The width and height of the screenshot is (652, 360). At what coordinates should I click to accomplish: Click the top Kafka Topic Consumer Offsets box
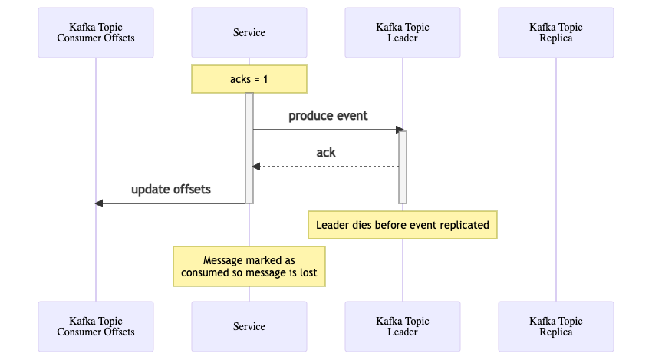tap(96, 32)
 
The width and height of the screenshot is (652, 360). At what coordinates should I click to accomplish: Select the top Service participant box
tap(249, 32)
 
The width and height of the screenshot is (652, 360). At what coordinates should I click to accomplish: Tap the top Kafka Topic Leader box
tap(403, 32)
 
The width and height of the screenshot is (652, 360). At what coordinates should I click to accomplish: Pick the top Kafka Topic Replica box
tap(556, 32)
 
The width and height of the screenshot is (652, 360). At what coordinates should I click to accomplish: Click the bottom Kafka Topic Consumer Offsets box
tap(96, 327)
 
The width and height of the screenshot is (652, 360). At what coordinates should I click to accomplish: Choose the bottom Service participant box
tap(249, 327)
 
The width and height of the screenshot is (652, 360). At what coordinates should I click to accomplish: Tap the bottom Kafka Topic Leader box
tap(403, 327)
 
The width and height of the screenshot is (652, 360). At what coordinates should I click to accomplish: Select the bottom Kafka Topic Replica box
tap(556, 327)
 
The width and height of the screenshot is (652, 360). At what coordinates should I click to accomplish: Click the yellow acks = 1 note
tap(249, 79)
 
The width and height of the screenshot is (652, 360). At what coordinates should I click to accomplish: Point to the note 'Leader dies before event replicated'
tap(403, 225)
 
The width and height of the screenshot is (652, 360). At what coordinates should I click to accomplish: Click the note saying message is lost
tap(249, 266)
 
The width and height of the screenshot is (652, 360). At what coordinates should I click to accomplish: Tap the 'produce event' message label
tap(328, 116)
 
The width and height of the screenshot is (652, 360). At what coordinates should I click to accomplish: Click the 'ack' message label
tap(326, 152)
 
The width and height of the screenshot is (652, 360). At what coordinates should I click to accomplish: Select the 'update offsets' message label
tap(171, 190)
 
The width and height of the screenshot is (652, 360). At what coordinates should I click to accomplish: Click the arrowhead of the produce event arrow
tap(400, 130)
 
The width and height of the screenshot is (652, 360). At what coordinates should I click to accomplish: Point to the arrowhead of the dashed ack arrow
tap(256, 167)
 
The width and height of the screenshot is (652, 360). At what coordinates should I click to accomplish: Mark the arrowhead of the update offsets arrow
tap(99, 203)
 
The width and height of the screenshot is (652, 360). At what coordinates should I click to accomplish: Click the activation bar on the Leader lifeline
tap(403, 167)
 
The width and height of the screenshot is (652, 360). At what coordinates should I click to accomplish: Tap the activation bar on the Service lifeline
tap(249, 148)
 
